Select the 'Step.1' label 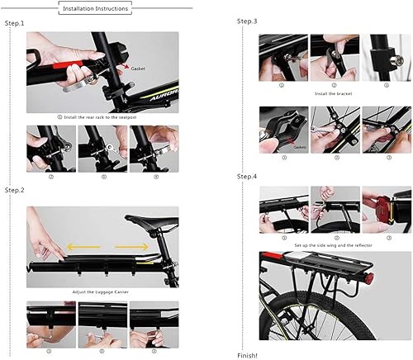[15, 22]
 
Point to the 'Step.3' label [247, 21]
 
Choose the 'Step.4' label [247, 177]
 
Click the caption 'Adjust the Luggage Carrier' [102, 293]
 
